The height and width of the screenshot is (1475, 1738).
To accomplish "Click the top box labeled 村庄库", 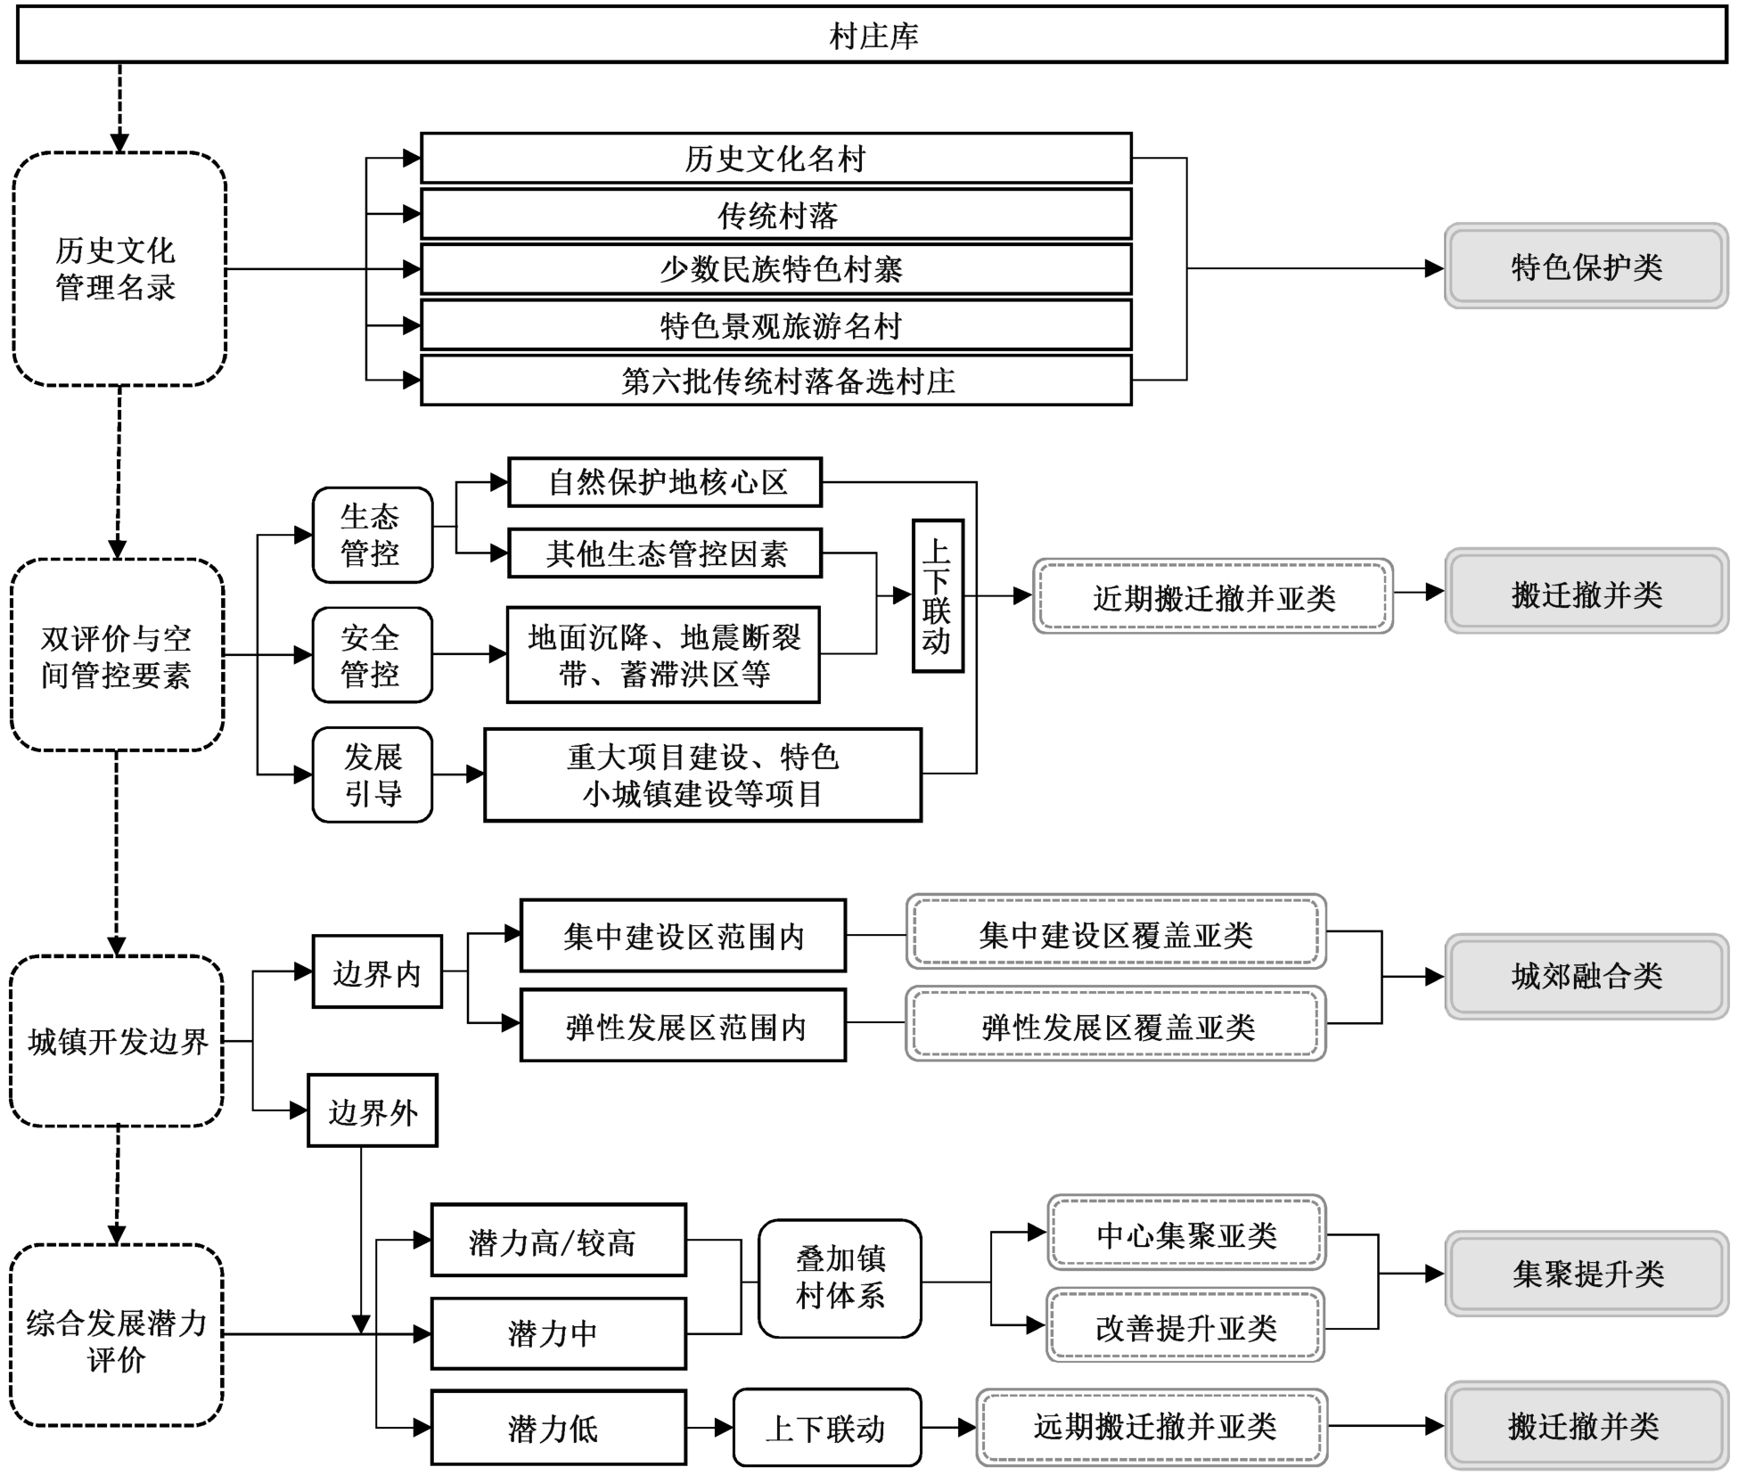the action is pyautogui.click(x=872, y=36).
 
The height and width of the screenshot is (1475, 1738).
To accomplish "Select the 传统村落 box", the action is pyautogui.click(x=776, y=214).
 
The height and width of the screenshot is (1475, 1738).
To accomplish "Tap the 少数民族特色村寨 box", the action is pyautogui.click(x=776, y=269).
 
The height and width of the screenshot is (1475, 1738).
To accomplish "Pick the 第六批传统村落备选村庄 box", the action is pyautogui.click(x=776, y=381).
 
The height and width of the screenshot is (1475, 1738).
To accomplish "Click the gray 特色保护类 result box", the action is pyautogui.click(x=1586, y=266).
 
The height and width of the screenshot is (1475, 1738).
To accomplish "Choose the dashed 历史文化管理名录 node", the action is pyautogui.click(x=119, y=269).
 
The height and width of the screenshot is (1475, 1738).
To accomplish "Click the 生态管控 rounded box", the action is pyautogui.click(x=373, y=535).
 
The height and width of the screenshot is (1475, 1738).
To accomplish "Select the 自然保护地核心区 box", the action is pyautogui.click(x=665, y=482).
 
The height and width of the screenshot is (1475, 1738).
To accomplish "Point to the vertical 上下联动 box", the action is pyautogui.click(x=938, y=595).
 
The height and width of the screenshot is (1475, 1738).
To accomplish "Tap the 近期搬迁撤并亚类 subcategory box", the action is pyautogui.click(x=1213, y=596).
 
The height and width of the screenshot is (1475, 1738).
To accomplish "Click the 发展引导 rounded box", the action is pyautogui.click(x=373, y=774).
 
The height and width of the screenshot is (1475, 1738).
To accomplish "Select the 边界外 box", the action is pyautogui.click(x=373, y=1110).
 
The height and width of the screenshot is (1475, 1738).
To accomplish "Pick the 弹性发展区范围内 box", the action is pyautogui.click(x=683, y=1026).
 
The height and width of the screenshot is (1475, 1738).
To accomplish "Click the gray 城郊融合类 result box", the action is pyautogui.click(x=1586, y=977).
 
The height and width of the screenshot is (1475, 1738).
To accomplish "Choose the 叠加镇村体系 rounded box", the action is pyautogui.click(x=840, y=1279).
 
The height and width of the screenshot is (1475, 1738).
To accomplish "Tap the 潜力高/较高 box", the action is pyautogui.click(x=559, y=1241).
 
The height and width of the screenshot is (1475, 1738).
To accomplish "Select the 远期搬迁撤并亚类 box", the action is pyautogui.click(x=1152, y=1427).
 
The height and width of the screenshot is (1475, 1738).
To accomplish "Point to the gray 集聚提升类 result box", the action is pyautogui.click(x=1586, y=1274).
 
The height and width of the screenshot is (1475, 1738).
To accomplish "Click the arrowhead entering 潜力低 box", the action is pyautogui.click(x=422, y=1428).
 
